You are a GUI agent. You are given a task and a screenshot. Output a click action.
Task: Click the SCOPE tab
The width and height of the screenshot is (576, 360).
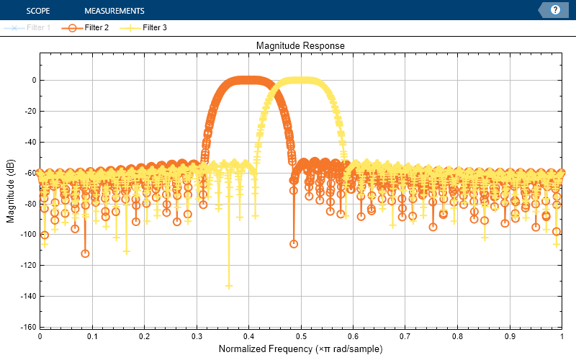pos(37,11)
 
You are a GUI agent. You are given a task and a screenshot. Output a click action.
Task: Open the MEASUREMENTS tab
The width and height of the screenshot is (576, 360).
pos(114,11)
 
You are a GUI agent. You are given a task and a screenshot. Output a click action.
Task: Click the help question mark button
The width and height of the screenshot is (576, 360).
pos(555,10)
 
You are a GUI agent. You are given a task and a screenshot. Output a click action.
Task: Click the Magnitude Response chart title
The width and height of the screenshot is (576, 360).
pos(300,45)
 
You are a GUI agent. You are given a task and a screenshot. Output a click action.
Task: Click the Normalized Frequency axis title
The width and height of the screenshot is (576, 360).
pos(300,349)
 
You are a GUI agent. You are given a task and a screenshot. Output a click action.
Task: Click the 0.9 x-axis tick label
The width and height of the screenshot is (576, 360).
pos(509,336)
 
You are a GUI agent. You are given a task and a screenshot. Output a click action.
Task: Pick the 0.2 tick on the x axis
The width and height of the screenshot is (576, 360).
pos(144,336)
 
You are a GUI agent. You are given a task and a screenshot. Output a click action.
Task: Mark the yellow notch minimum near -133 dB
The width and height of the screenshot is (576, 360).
pos(229,286)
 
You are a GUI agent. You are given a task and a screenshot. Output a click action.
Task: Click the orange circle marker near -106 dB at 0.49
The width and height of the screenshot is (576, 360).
pos(294,244)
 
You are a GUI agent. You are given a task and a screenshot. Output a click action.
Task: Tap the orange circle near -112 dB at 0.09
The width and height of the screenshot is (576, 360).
pos(85,253)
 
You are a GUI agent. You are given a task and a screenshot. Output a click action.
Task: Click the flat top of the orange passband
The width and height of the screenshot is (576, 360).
pos(248,80)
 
